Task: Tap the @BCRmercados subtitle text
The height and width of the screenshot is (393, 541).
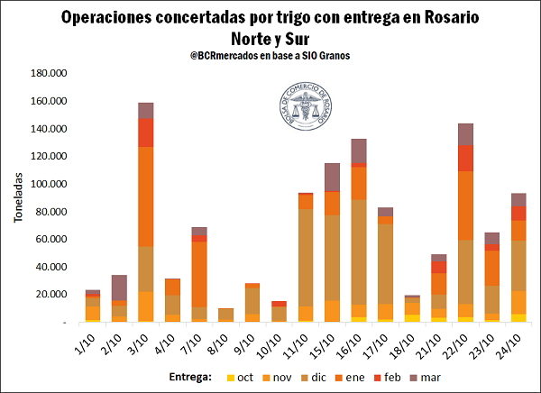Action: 270,55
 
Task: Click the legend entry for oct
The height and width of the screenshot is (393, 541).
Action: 238,376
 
